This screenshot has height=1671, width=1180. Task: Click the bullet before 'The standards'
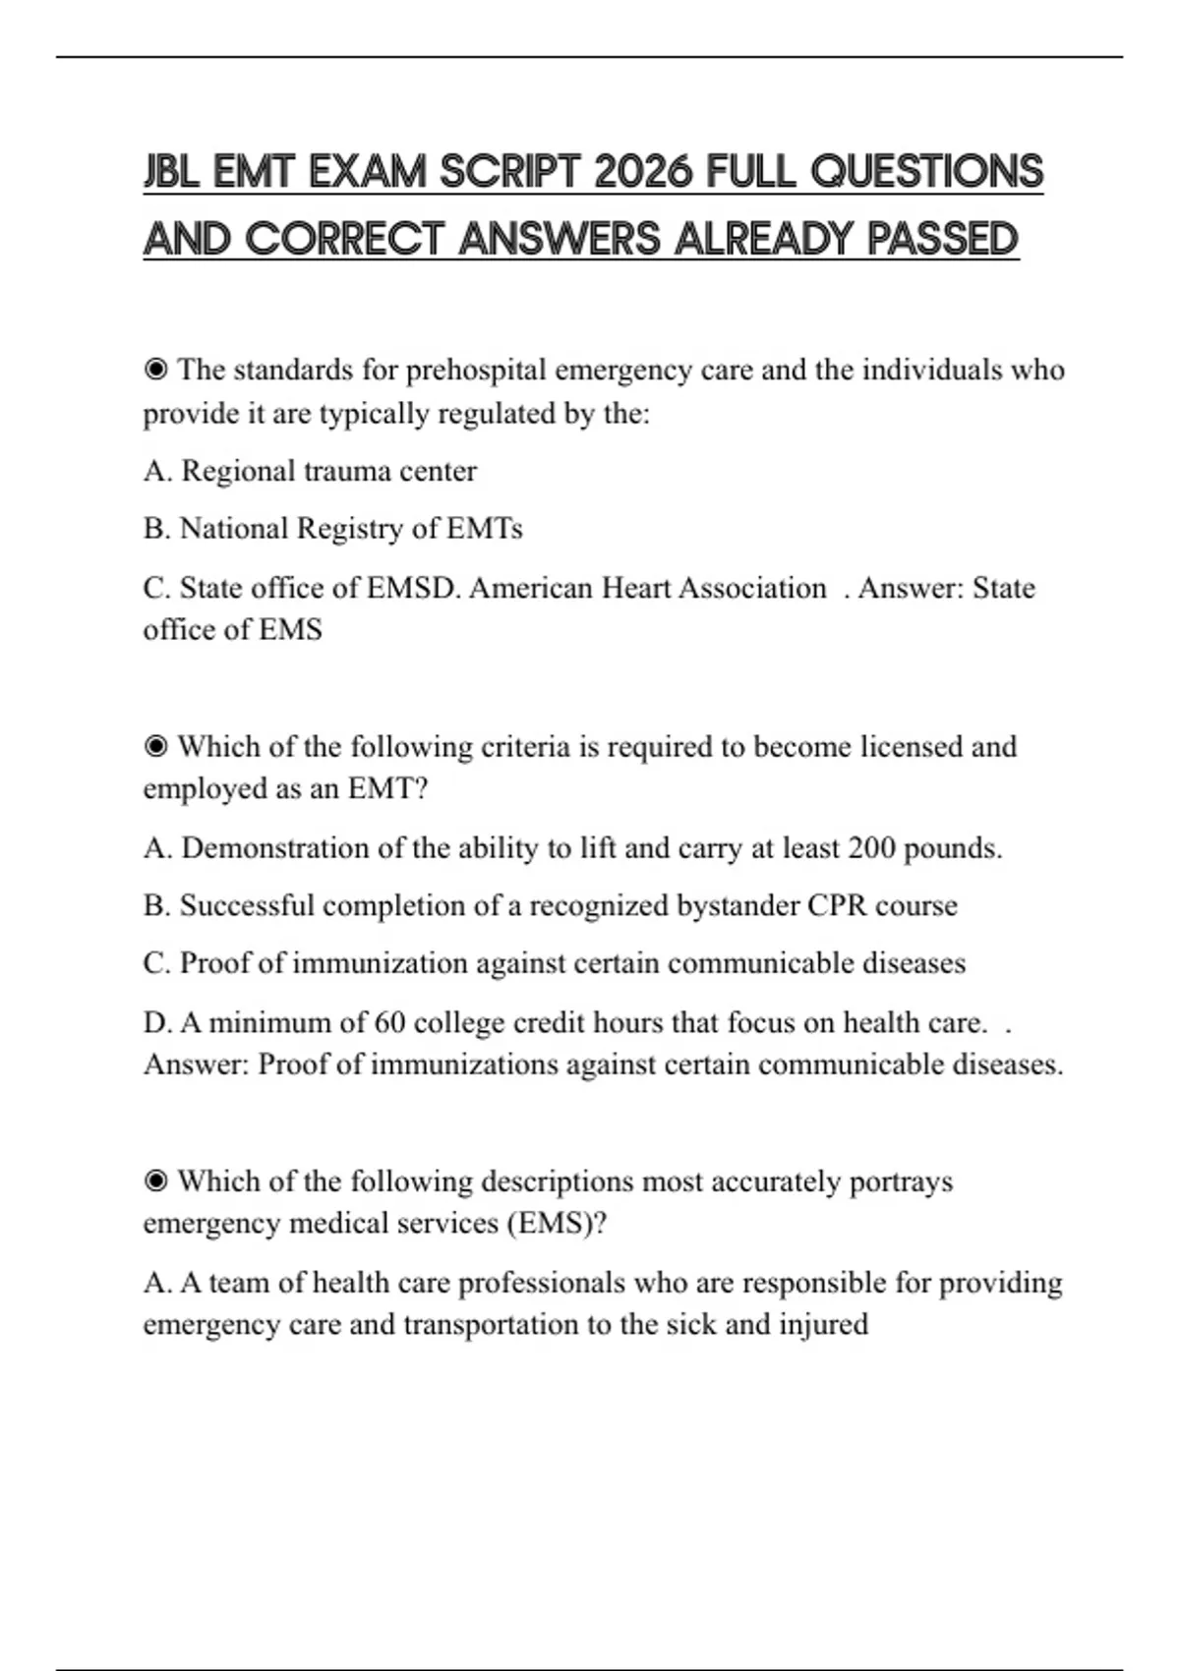pyautogui.click(x=155, y=370)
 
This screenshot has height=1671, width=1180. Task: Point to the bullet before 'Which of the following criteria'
pyautogui.click(x=155, y=747)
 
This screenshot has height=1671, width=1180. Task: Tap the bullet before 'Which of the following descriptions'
pyautogui.click(x=155, y=1181)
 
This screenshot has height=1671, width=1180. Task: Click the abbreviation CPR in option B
pyautogui.click(x=837, y=905)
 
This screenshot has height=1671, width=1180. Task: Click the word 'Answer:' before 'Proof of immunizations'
pyautogui.click(x=196, y=1065)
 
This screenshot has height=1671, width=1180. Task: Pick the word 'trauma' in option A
pyautogui.click(x=342, y=471)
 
